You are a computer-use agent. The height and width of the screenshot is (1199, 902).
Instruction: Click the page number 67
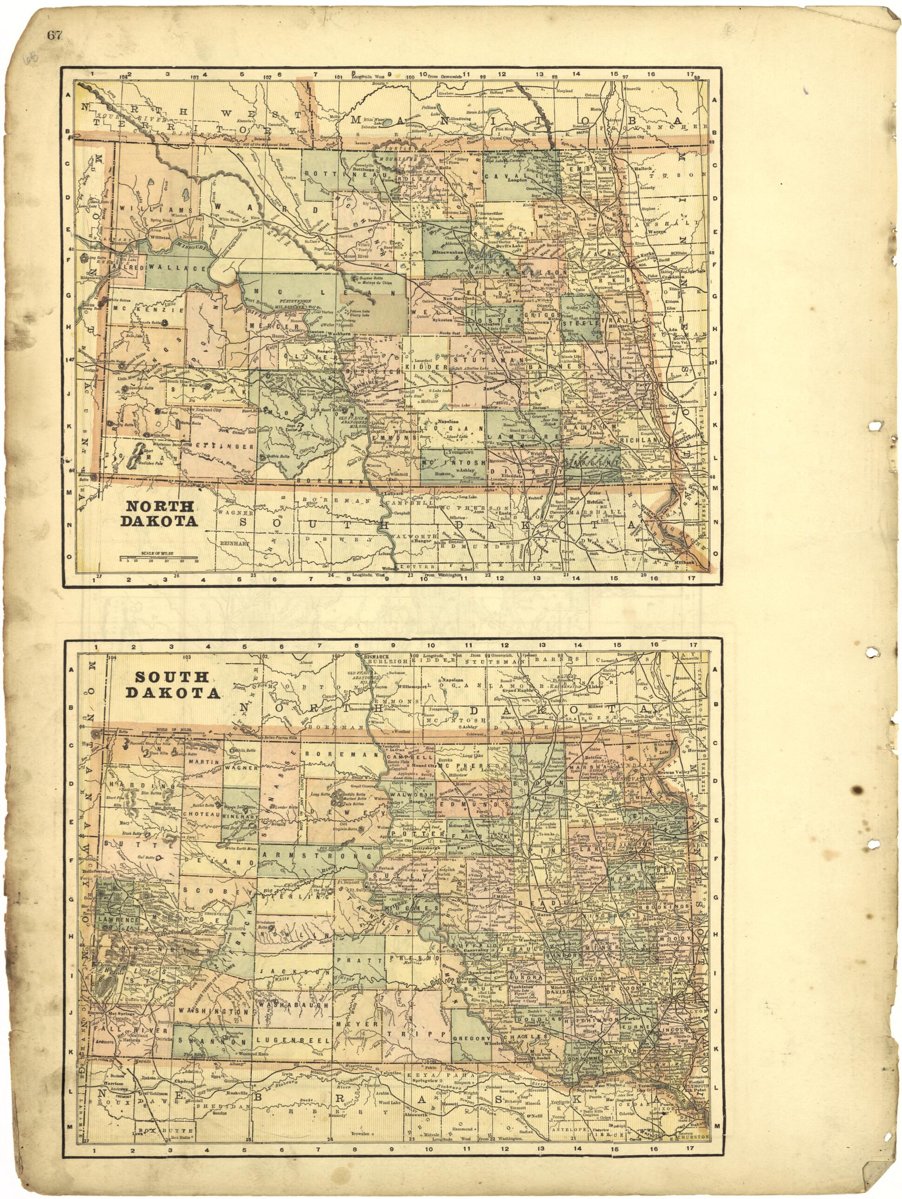pos(55,35)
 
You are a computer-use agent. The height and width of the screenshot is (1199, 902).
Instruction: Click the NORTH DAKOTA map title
pos(160,513)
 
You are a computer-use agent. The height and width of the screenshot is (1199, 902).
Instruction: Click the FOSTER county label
pos(495,320)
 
